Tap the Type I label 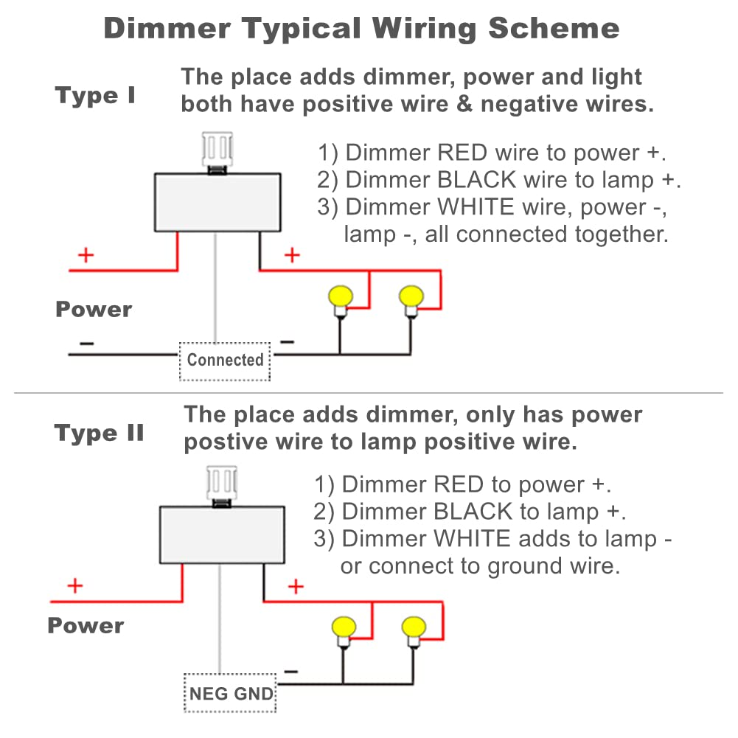click(x=95, y=96)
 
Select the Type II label click(x=99, y=433)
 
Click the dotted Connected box click(x=225, y=361)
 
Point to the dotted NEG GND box click(x=231, y=694)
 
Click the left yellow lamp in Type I click(x=340, y=298)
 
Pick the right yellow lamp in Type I click(x=410, y=298)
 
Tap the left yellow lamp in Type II click(x=343, y=628)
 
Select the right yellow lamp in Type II click(x=414, y=628)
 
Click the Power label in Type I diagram click(x=94, y=309)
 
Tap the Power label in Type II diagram click(x=86, y=626)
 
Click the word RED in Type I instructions click(x=462, y=153)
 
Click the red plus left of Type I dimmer click(x=86, y=256)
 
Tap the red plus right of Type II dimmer click(x=296, y=587)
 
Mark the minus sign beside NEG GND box click(x=291, y=672)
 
